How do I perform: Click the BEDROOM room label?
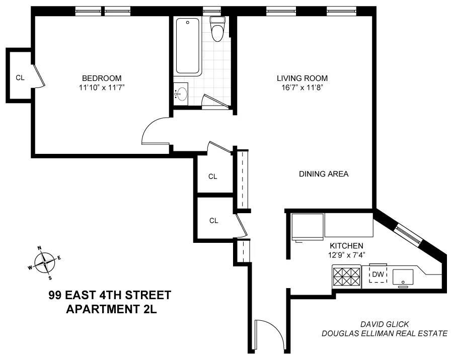click(102, 78)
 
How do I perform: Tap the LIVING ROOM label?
click(302, 78)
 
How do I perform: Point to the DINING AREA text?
click(324, 174)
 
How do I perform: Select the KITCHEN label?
click(346, 245)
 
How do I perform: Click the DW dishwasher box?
click(377, 274)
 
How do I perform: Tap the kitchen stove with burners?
click(346, 276)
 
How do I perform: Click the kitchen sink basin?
click(403, 276)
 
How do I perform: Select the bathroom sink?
click(181, 94)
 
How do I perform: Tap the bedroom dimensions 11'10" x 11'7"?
click(102, 87)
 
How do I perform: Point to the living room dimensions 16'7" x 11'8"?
click(302, 87)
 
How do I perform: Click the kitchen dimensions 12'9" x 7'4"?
click(346, 254)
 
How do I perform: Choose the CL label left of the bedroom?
click(20, 77)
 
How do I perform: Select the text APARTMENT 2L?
click(112, 309)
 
